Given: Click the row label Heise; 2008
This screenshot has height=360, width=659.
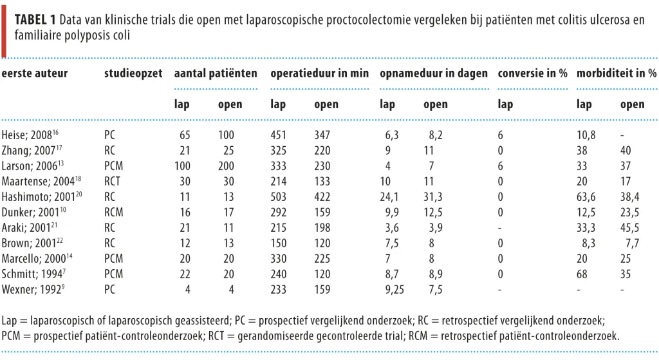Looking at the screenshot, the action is click(30, 135).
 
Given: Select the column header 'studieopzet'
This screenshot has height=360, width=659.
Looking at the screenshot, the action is click(133, 73).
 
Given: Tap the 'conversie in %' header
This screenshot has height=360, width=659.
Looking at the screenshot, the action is click(532, 73).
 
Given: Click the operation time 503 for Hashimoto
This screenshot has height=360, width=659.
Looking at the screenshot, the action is click(278, 197).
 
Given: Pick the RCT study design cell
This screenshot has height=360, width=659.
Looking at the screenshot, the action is click(112, 181).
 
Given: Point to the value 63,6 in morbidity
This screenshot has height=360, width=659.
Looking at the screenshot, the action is click(586, 197).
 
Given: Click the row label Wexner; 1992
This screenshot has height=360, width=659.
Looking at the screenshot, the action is click(33, 289).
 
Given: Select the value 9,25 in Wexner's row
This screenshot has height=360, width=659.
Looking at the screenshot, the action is click(394, 289).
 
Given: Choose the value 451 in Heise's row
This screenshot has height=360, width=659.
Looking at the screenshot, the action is click(278, 135).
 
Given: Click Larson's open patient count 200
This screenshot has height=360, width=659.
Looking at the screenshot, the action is click(226, 166).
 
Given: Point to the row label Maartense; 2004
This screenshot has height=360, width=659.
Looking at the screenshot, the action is click(41, 181).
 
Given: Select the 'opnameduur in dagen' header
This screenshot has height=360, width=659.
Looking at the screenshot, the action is click(434, 73).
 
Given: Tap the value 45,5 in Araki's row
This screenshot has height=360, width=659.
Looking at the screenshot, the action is click(629, 227).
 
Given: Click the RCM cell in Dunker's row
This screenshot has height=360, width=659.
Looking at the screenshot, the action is click(114, 212).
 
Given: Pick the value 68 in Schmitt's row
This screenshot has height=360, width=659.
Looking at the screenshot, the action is click(582, 274).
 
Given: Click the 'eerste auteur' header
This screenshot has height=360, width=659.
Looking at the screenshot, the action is click(35, 73).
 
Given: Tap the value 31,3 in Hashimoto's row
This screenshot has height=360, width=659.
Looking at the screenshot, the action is click(433, 197).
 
